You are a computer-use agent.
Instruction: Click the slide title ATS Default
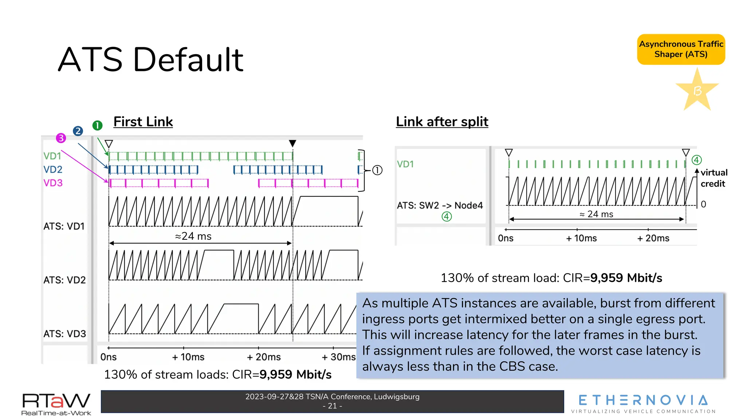[150, 60]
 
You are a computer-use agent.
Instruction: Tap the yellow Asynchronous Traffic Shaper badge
[681, 49]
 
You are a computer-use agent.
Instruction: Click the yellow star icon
[697, 90]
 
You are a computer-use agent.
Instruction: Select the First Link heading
[143, 122]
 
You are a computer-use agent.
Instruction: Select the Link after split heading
[442, 122]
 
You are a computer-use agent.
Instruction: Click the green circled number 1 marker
[97, 125]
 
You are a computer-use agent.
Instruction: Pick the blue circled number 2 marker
[78, 131]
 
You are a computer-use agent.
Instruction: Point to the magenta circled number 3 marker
[61, 138]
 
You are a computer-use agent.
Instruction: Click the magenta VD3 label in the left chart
[53, 183]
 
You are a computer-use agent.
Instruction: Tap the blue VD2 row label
[53, 169]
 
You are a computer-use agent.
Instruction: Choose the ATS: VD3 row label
[64, 334]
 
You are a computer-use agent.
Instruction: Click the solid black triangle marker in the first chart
[292, 143]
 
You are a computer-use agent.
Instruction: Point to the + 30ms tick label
[338, 357]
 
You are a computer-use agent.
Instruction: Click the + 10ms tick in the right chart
[581, 238]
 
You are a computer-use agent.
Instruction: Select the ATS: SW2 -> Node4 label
[440, 205]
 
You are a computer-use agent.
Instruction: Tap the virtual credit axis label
[714, 178]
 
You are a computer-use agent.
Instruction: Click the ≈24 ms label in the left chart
[193, 236]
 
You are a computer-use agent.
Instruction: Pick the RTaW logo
[56, 404]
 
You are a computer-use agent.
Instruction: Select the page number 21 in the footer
[332, 406]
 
